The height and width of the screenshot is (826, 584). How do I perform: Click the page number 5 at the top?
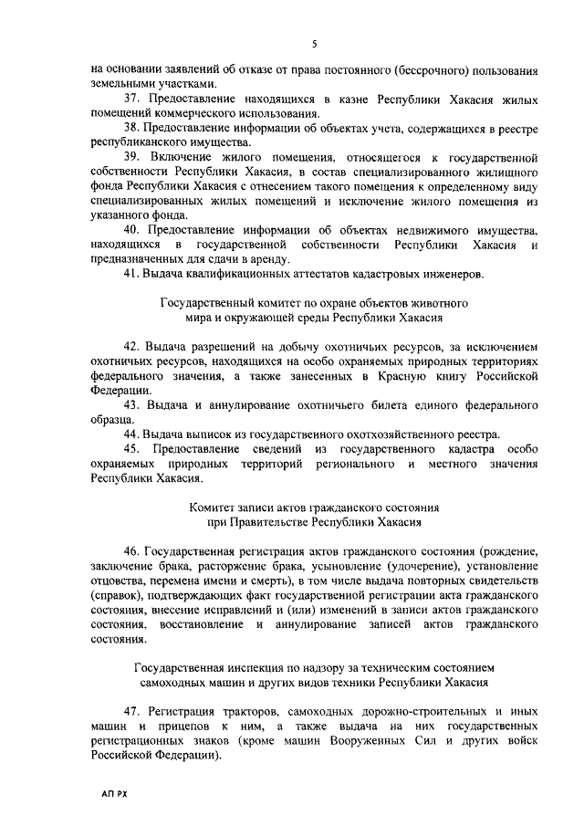(313, 44)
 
